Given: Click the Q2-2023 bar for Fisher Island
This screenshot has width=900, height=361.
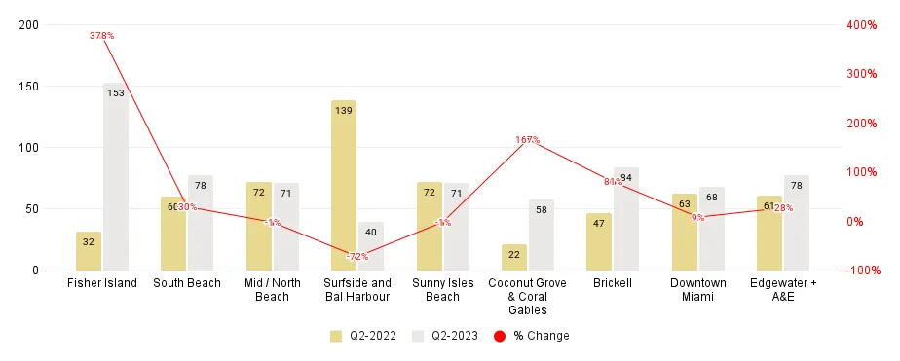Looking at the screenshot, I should (116, 176).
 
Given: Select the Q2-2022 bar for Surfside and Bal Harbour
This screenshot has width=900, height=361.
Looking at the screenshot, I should (344, 185).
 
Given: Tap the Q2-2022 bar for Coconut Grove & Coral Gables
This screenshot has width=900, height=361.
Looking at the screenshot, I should (514, 257).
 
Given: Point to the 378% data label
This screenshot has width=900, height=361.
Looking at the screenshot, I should (102, 36).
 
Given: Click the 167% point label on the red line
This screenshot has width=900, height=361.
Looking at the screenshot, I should (528, 140).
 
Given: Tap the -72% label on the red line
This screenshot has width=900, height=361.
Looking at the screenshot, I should (357, 257).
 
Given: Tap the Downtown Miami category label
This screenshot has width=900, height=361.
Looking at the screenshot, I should (698, 289).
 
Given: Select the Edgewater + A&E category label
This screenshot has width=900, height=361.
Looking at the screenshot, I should (783, 289).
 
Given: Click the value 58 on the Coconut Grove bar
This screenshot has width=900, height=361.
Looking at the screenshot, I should (542, 209).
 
